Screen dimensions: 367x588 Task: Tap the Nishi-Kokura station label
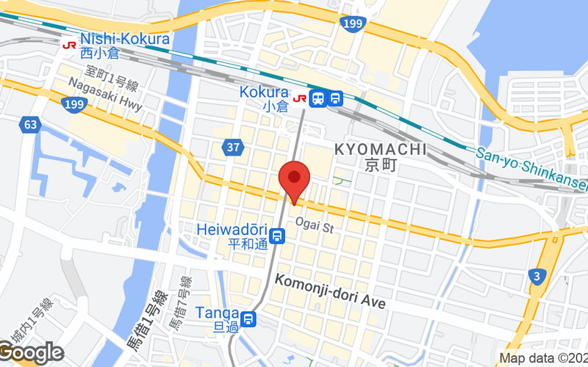click(x=125, y=39)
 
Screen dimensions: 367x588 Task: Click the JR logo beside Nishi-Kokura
click(x=70, y=44)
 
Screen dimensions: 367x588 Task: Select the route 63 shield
click(x=29, y=124)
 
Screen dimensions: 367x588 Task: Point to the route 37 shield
click(x=233, y=148)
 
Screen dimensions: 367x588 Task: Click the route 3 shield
click(x=537, y=277)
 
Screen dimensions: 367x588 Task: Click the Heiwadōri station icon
click(x=277, y=236)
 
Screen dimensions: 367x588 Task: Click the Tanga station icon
click(x=249, y=319)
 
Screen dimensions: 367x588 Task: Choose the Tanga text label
click(x=217, y=313)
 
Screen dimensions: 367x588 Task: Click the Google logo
click(x=31, y=353)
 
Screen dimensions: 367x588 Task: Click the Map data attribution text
click(x=543, y=358)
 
